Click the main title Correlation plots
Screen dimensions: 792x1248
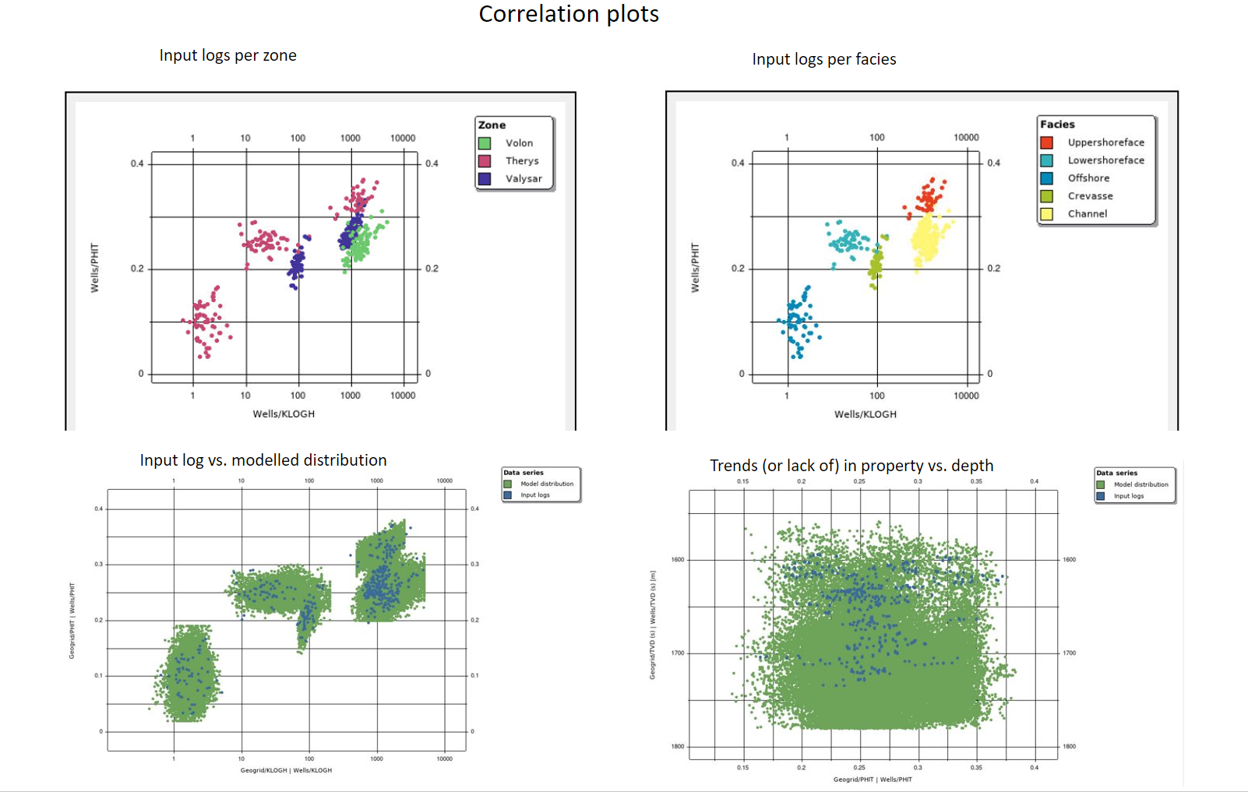[x=569, y=14]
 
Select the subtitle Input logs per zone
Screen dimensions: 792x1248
[x=227, y=55]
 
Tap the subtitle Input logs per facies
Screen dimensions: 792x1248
[x=823, y=59]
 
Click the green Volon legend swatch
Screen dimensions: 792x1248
[x=485, y=143]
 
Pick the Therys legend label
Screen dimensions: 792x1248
[x=521, y=161]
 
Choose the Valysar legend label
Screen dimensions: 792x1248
[x=523, y=179]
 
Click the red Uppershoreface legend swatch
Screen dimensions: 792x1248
[x=1046, y=143]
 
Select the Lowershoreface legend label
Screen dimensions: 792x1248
[x=1105, y=160]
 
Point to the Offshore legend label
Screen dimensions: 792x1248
[x=1088, y=178]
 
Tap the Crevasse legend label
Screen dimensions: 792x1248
[x=1090, y=196]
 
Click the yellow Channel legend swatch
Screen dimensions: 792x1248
[x=1046, y=214]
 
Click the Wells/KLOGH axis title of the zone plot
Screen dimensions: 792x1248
[x=284, y=414]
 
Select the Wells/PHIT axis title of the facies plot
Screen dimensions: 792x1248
[x=696, y=268]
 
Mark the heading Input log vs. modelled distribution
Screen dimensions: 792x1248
[x=263, y=460]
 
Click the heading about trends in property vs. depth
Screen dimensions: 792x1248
[x=851, y=466]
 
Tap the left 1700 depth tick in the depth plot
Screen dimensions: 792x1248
[x=678, y=653]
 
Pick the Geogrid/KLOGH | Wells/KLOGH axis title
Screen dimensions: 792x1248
[x=286, y=770]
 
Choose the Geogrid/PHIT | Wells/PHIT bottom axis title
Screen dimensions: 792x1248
[x=873, y=779]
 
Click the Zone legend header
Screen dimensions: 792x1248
[x=492, y=125]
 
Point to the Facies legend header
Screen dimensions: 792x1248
[x=1057, y=125]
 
